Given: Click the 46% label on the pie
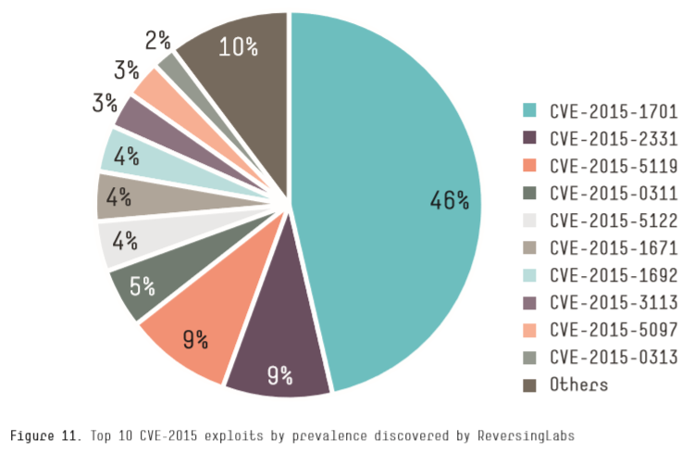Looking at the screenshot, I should pyautogui.click(x=450, y=199).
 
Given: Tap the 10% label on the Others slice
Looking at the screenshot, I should pyautogui.click(x=238, y=45).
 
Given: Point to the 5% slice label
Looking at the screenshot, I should pyautogui.click(x=142, y=285).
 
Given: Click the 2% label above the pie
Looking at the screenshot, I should pyautogui.click(x=157, y=40).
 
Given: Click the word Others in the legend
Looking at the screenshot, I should pyautogui.click(x=578, y=384).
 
